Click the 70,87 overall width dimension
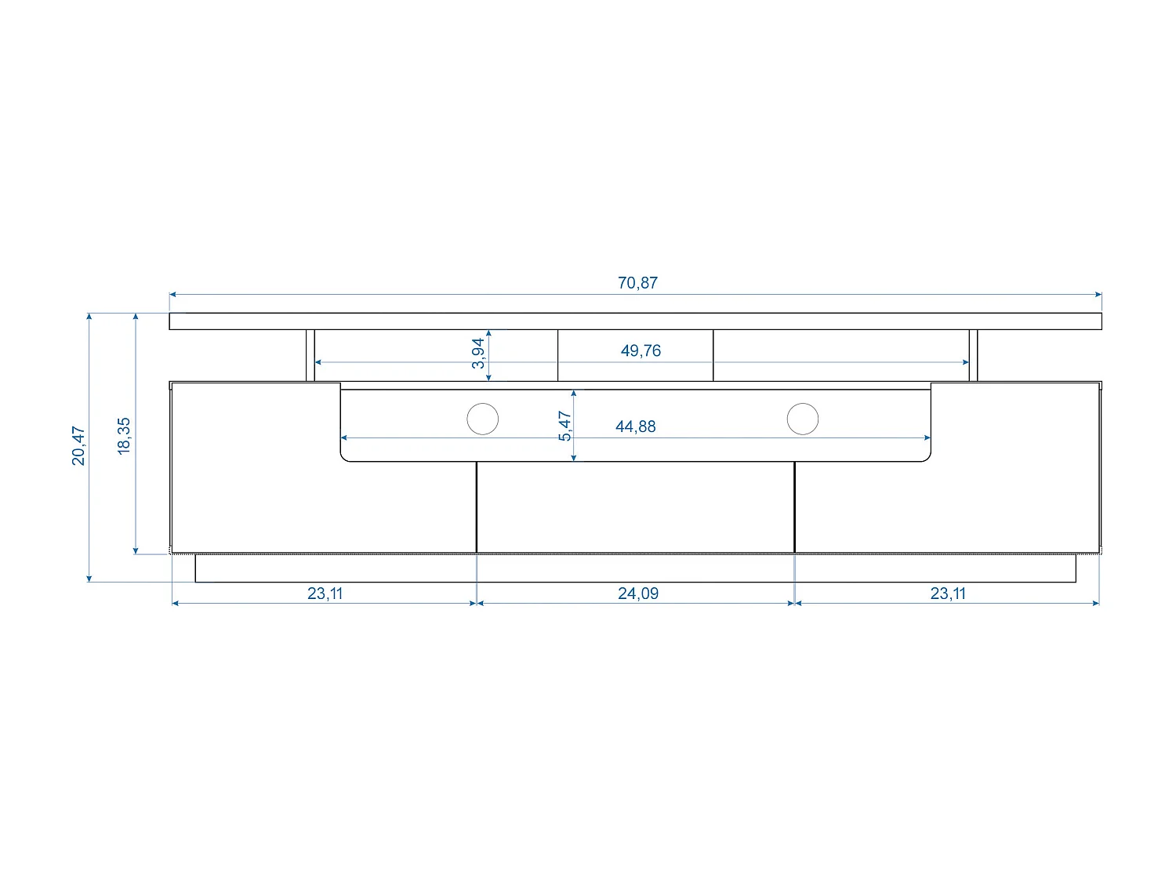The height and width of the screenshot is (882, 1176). (637, 283)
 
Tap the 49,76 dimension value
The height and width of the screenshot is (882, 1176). (641, 350)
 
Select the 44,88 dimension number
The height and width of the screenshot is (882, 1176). (635, 426)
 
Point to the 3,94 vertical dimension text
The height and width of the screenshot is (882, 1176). (478, 354)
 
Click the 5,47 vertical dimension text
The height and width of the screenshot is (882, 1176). (565, 426)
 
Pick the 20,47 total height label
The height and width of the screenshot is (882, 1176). (78, 446)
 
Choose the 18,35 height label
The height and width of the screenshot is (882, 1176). (124, 436)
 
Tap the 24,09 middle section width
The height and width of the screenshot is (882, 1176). (637, 593)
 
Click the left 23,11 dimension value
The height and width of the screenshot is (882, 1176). (325, 593)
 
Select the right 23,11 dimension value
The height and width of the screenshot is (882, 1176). (948, 593)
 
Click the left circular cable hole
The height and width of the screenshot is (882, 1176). (482, 419)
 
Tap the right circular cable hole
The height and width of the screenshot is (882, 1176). (802, 419)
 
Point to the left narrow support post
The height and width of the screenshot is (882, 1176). (310, 355)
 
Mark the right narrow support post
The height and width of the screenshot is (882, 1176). (974, 355)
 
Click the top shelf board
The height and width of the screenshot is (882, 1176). (635, 321)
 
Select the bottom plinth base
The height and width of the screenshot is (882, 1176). (635, 568)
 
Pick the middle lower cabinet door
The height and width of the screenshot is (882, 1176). (635, 508)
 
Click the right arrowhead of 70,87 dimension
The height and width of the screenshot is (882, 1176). (1098, 295)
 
